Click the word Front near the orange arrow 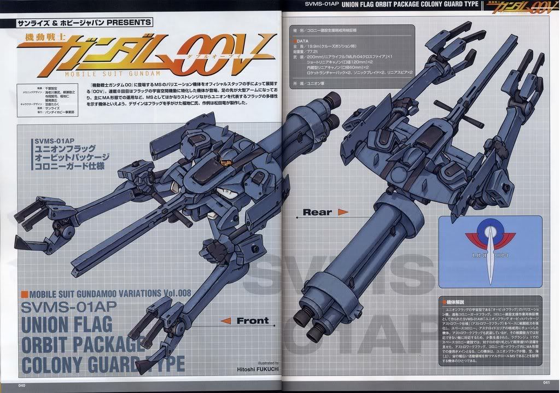point(252,321)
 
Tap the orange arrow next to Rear point(343,212)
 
